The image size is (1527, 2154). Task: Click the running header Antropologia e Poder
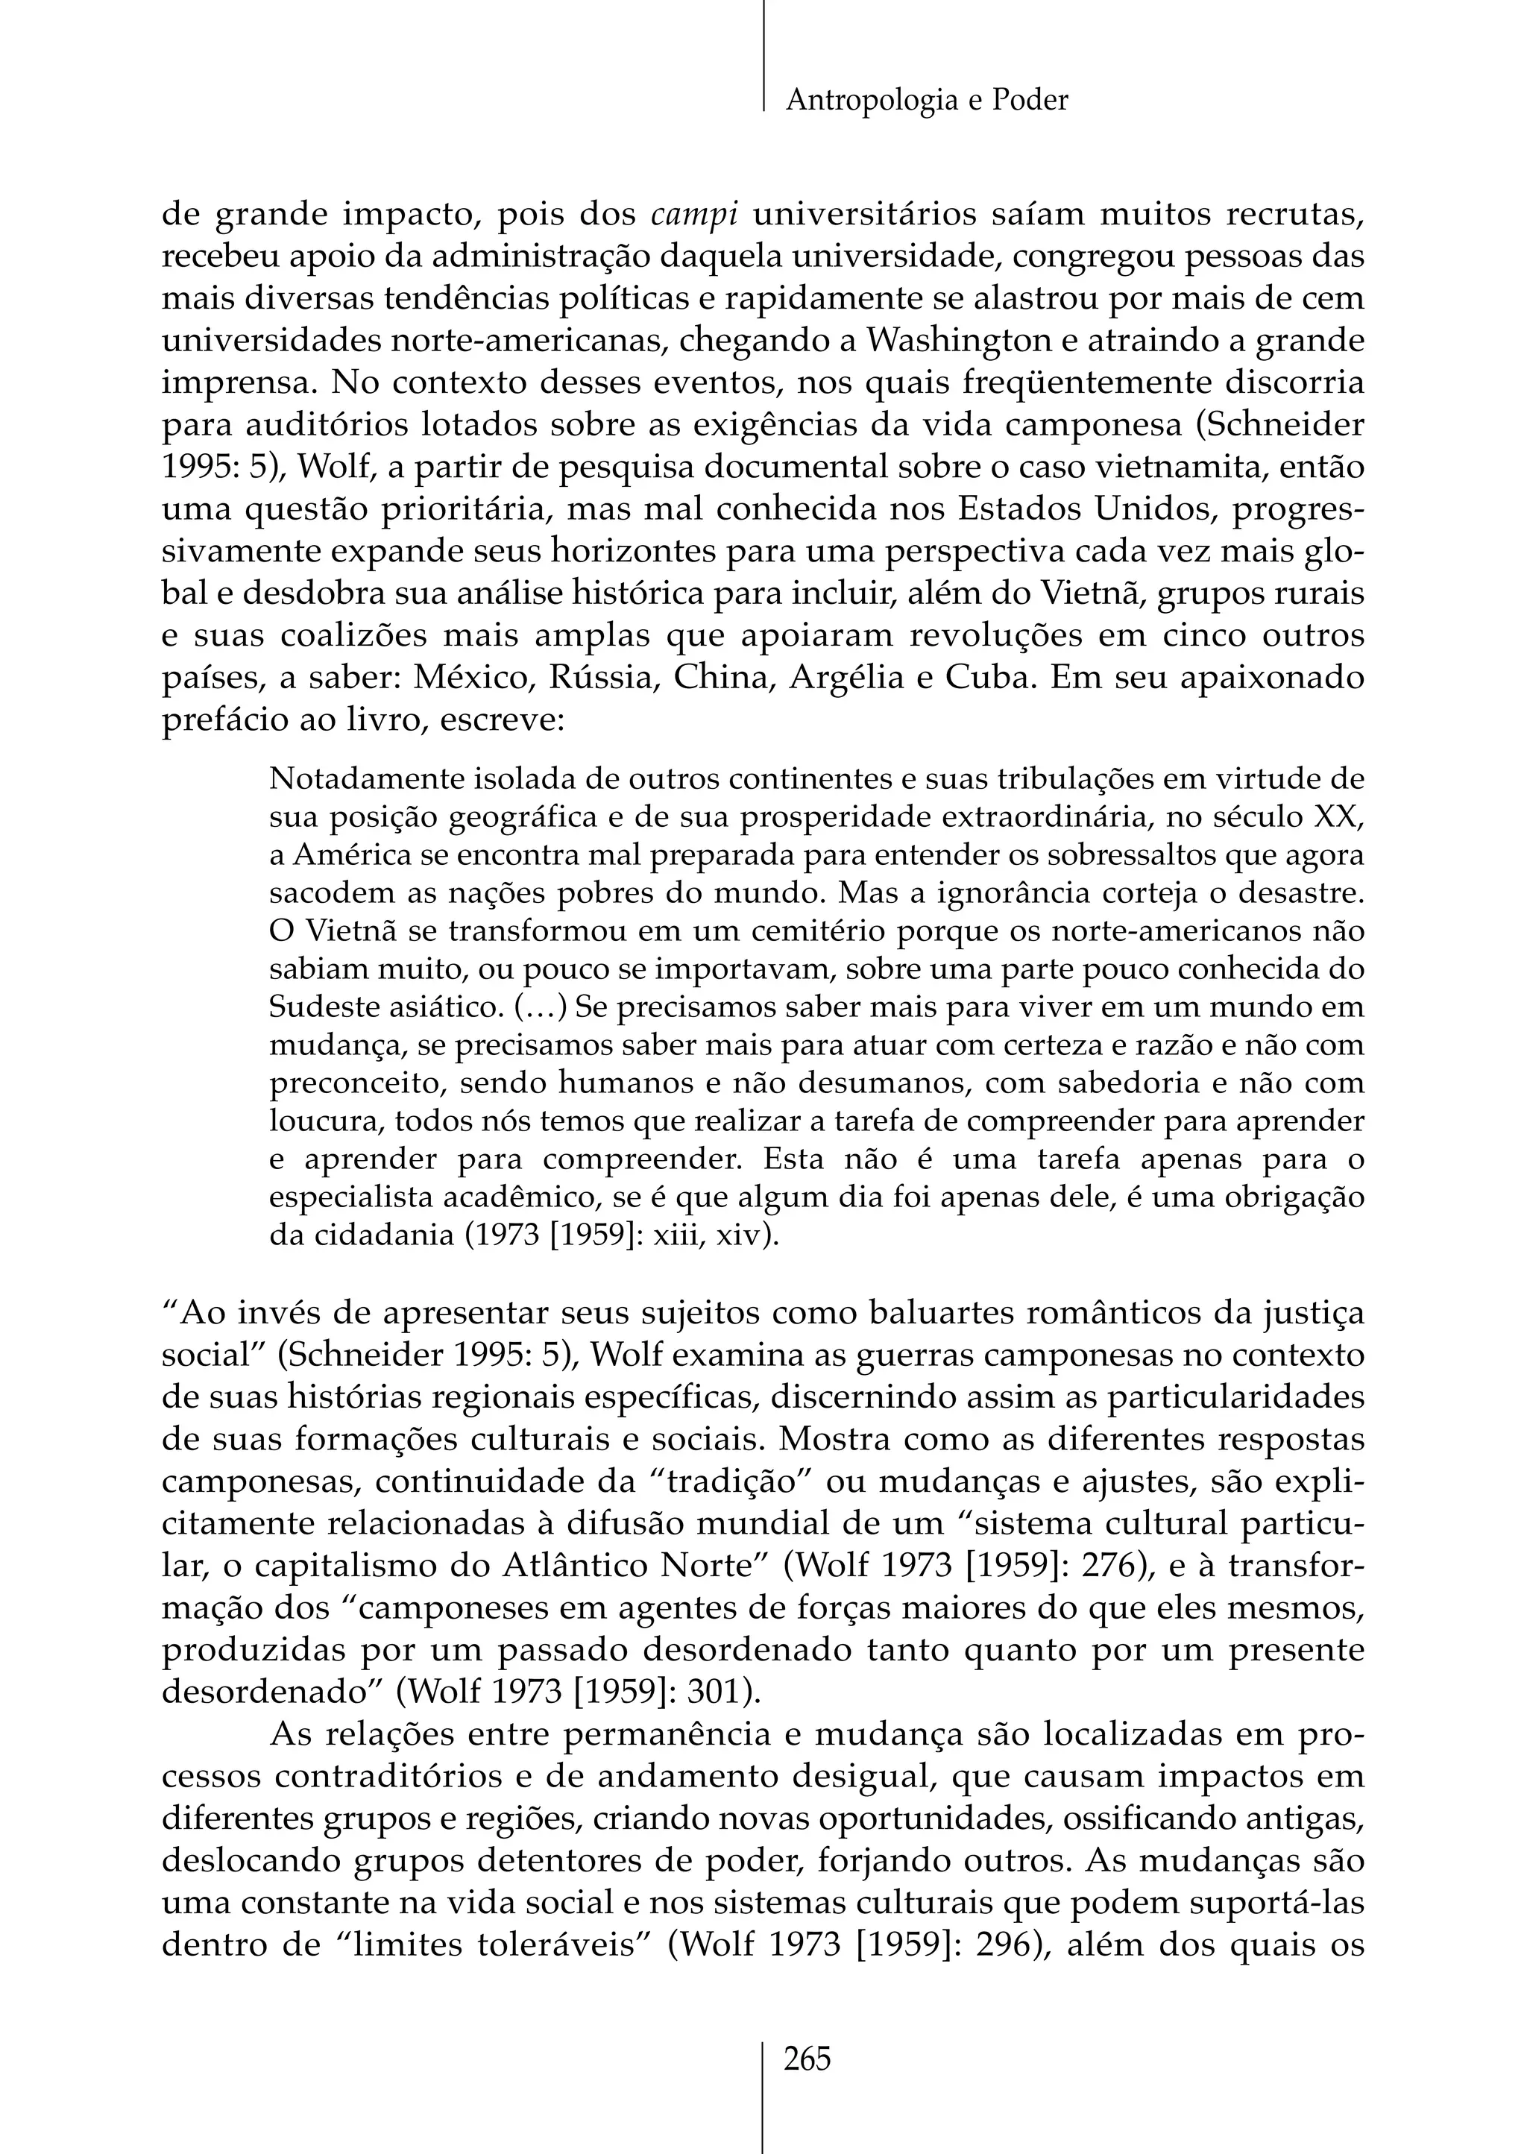click(x=926, y=100)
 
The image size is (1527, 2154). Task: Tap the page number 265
click(x=807, y=2059)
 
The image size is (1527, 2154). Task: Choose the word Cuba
click(x=982, y=678)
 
